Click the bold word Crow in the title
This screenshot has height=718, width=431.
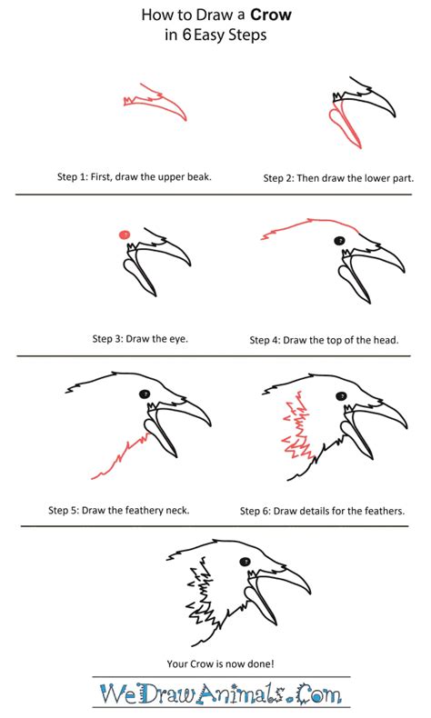271,15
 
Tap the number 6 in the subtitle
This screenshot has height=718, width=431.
186,35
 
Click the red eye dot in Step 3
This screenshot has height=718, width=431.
125,234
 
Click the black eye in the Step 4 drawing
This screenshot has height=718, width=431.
339,240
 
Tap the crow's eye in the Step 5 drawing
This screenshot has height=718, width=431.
145,394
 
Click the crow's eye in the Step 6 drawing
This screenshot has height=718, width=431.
341,396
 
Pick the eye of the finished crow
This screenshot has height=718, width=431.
246,562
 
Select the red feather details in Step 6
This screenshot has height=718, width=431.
297,426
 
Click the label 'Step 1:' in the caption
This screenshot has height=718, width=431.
73,176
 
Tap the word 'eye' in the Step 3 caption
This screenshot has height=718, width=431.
178,339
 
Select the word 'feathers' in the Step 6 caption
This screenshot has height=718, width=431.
386,511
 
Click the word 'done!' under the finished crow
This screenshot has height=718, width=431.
261,663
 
